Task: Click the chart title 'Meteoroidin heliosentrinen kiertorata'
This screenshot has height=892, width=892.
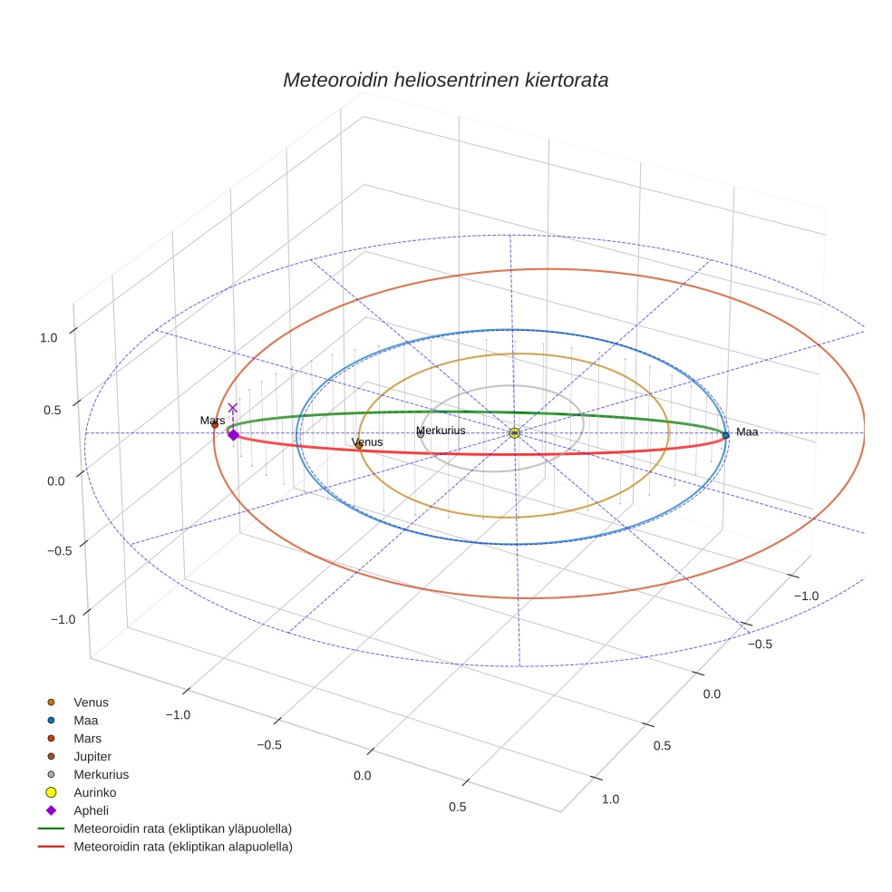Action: coord(445,80)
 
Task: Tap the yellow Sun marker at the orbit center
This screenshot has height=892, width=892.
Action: coord(514,433)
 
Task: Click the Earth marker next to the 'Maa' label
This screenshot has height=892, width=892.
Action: coord(725,435)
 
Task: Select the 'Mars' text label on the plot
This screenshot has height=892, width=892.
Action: coord(212,421)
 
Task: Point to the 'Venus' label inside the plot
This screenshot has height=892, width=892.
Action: coord(367,441)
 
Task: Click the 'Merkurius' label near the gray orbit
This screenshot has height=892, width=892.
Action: coord(441,430)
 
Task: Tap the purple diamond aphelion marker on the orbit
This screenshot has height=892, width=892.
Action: coord(233,435)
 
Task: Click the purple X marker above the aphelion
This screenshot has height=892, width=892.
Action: coord(233,409)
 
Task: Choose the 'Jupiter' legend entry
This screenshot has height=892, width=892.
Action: coord(92,756)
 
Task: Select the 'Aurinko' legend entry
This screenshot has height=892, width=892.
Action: coord(94,792)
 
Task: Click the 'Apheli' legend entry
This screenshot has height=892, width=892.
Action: coord(91,810)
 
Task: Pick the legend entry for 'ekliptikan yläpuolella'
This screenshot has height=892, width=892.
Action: coord(182,829)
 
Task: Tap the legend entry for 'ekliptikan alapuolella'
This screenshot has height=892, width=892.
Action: coord(182,847)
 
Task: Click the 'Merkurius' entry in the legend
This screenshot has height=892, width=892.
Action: coord(101,774)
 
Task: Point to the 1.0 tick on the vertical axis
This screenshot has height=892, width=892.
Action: coord(48,337)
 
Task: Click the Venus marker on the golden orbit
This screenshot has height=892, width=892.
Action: coord(359,445)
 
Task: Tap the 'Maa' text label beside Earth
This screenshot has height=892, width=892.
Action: coord(747,432)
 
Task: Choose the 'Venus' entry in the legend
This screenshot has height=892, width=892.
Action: coord(91,702)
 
